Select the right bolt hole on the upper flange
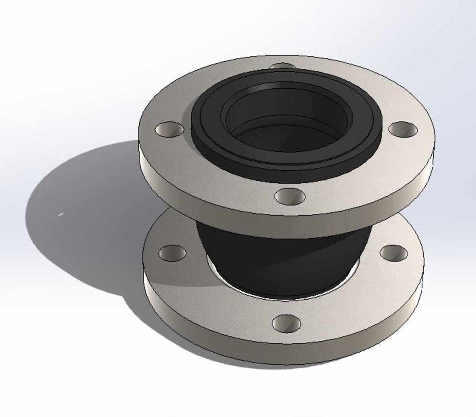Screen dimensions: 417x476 [x=402, y=129]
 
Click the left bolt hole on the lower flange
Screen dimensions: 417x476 [x=172, y=253]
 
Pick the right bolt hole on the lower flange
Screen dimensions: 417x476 [x=394, y=252]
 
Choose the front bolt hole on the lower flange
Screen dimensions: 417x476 [x=286, y=324]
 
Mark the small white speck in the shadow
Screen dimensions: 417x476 [x=60, y=215]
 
